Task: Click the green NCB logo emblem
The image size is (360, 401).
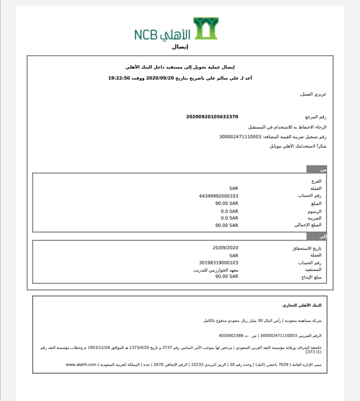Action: click(x=206, y=28)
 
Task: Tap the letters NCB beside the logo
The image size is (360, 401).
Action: click(x=146, y=35)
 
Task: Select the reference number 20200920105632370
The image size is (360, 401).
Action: click(x=212, y=117)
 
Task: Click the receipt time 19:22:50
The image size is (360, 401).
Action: click(x=119, y=78)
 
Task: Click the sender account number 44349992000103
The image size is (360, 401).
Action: click(x=219, y=196)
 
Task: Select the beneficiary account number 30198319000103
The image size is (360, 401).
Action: click(x=219, y=263)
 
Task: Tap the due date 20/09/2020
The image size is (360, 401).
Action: click(x=225, y=248)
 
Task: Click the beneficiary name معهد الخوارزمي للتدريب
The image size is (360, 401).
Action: click(x=216, y=270)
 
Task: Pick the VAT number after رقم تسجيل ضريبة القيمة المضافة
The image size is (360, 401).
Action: click(x=240, y=137)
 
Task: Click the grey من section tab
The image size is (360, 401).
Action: click(x=317, y=169)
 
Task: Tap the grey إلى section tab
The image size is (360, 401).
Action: click(x=317, y=236)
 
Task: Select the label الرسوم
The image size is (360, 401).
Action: click(x=314, y=211)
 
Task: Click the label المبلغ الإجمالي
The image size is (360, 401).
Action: click(x=308, y=225)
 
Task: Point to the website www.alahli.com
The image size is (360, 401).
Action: click(x=81, y=365)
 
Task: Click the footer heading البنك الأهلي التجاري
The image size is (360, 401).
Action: click(x=302, y=305)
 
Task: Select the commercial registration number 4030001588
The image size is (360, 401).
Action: click(x=231, y=335)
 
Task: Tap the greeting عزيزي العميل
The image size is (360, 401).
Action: click(x=313, y=94)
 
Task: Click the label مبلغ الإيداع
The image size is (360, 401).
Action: click(x=311, y=277)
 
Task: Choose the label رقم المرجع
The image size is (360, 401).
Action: click(x=316, y=117)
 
